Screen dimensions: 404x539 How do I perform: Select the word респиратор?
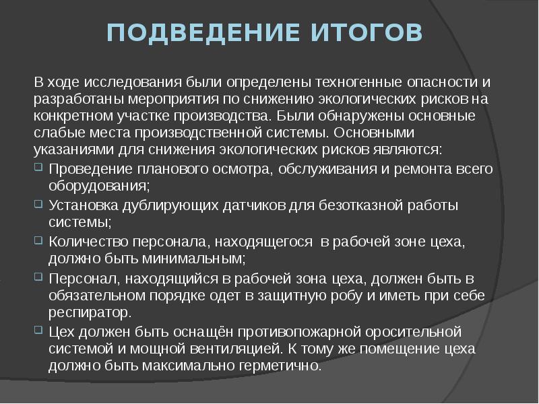click(x=88, y=313)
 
